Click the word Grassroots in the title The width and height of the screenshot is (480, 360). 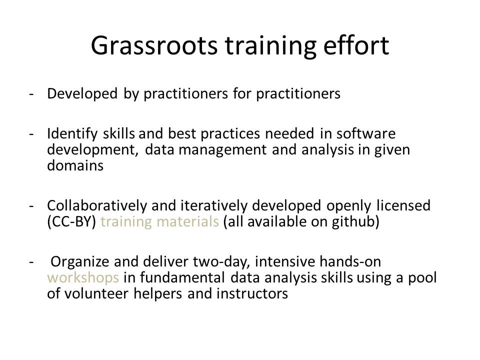[154, 46]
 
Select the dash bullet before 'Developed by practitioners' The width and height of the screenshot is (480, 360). [31, 94]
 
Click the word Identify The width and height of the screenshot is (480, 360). [72, 134]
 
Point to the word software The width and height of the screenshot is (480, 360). [366, 133]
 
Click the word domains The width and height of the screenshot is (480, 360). [75, 165]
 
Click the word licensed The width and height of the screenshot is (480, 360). [403, 205]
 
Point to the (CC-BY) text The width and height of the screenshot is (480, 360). [72, 222]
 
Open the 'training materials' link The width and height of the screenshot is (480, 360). [160, 222]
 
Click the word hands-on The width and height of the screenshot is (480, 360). [350, 261]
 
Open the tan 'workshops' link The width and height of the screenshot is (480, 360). [83, 278]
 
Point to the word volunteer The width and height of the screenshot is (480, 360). [96, 294]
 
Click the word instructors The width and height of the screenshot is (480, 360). [252, 294]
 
